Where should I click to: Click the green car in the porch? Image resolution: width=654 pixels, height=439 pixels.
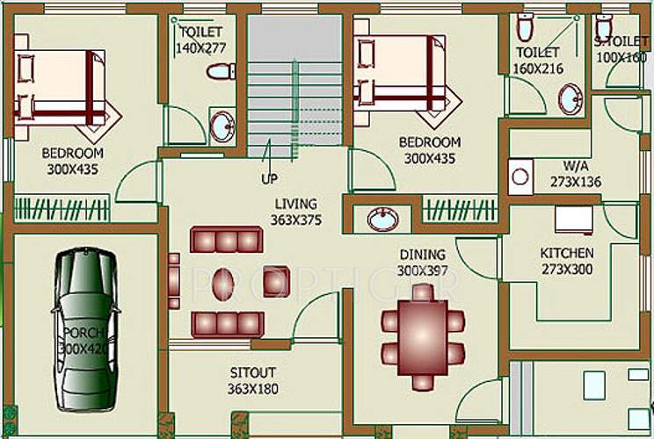[85, 330]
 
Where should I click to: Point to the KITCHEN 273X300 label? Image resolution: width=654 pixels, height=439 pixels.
[566, 261]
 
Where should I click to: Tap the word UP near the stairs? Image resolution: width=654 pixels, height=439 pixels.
[270, 179]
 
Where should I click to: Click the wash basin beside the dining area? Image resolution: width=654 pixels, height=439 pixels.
[382, 219]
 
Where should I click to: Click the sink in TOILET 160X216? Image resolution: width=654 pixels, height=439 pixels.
[571, 98]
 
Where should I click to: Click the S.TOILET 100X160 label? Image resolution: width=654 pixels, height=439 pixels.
[621, 49]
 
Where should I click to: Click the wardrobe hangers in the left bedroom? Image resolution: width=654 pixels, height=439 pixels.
[62, 209]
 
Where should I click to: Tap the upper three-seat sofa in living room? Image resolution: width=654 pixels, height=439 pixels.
[226, 240]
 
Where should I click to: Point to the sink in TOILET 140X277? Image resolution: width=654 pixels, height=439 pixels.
[222, 126]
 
